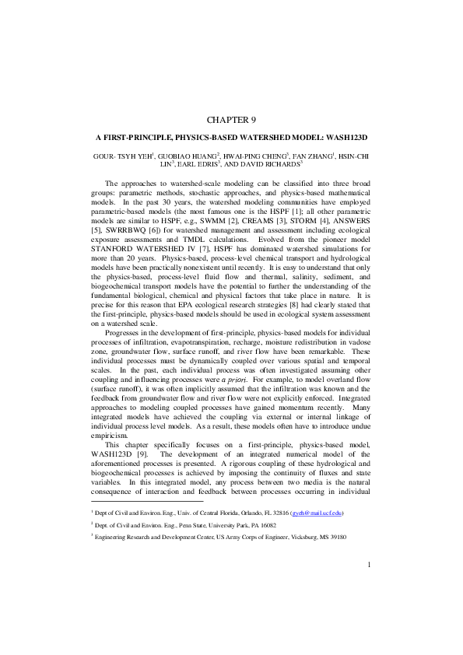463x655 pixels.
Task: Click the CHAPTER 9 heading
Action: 231,119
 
